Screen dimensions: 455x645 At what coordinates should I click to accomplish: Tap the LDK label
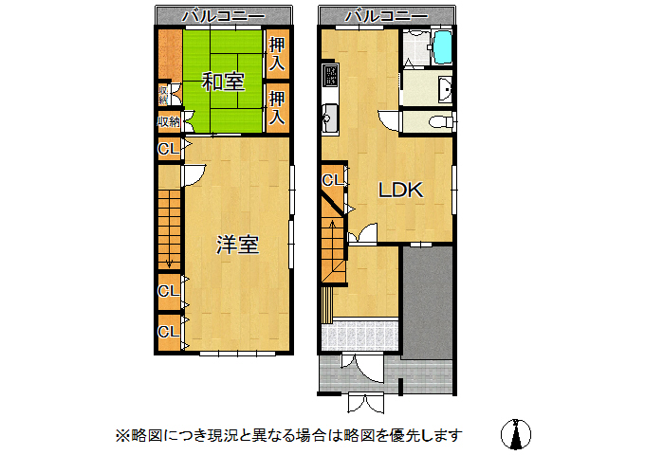[x=399, y=190]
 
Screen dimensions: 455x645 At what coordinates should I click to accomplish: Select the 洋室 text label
[x=237, y=245]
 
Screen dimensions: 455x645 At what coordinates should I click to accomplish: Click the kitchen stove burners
[x=329, y=75]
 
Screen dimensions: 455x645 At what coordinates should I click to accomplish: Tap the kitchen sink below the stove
[x=329, y=119]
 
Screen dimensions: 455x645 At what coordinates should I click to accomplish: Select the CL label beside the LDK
[x=332, y=180]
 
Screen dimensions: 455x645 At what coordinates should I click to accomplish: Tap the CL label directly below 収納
[x=167, y=149]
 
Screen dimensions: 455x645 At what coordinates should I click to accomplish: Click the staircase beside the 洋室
[x=169, y=227]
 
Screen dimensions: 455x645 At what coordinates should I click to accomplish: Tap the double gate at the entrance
[x=363, y=402]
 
